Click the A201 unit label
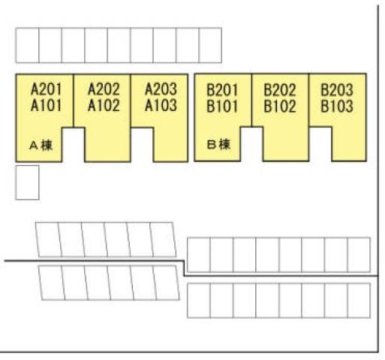coord(46,89)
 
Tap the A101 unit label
coord(46,105)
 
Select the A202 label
coord(104,89)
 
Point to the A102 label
coord(104,105)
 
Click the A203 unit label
coord(161,89)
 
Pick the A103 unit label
coord(161,105)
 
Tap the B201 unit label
coord(222,90)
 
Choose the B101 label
coord(222,106)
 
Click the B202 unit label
coord(280,90)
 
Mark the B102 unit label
coord(280,106)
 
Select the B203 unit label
coord(337,90)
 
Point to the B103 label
coord(337,106)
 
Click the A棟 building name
coord(41,145)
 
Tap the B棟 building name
coord(218,145)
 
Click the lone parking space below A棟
coord(27,182)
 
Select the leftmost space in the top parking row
coord(27,45)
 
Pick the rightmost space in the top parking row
coord(210,45)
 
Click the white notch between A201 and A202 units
coord(74,145)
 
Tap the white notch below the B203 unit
coord(320,144)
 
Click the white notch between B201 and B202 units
coord(251,144)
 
